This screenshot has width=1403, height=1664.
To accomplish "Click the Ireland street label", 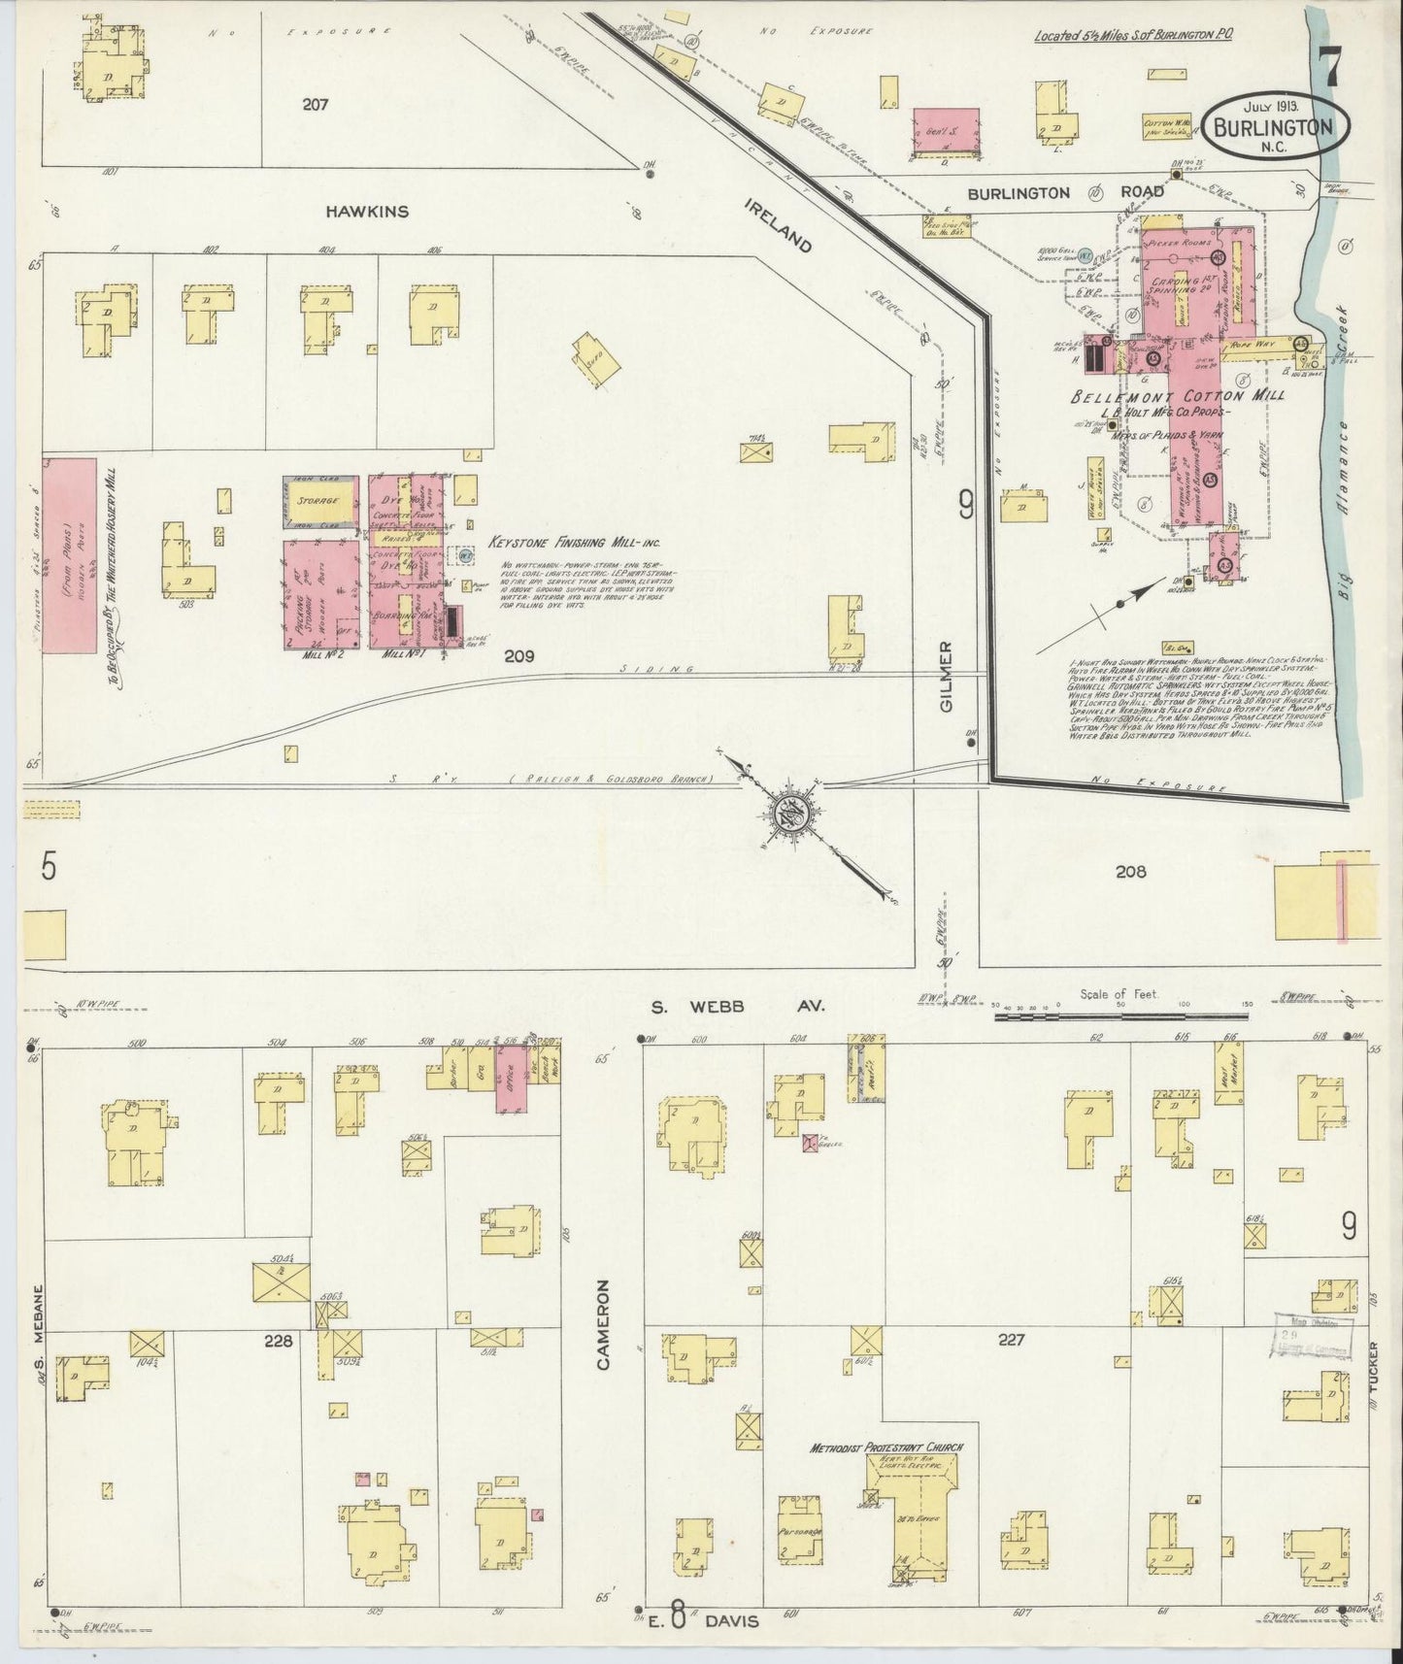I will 779,224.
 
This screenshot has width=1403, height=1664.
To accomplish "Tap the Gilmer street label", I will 947,677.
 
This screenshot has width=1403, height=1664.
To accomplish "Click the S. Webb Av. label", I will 737,1007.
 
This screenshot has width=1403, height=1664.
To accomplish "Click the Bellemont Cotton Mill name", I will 1178,396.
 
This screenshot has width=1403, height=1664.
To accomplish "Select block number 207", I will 314,105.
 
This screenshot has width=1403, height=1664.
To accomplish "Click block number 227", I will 1012,1341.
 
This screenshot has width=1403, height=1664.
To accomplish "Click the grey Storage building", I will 318,501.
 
